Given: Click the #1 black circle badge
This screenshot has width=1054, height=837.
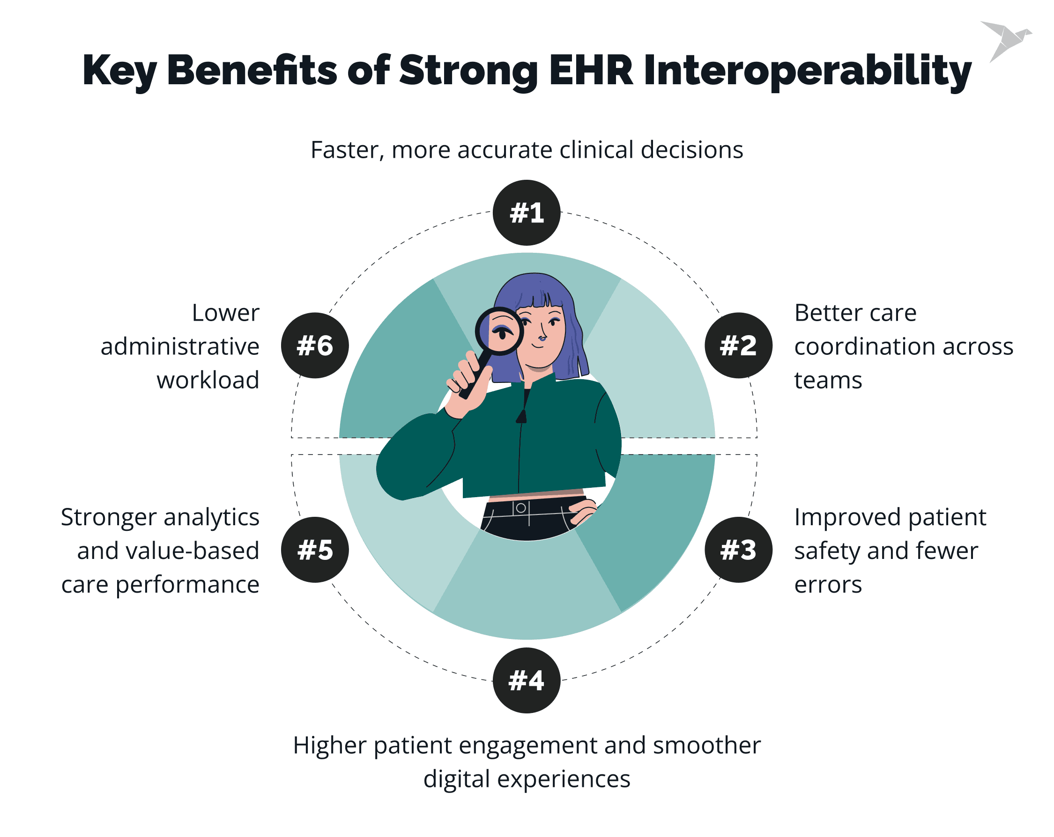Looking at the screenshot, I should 527,213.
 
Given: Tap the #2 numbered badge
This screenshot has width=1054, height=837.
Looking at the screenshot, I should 738,345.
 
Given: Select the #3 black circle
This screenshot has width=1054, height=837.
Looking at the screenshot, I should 738,550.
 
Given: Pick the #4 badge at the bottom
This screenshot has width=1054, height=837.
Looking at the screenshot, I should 527,680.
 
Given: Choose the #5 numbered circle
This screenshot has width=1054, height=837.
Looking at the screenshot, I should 315,550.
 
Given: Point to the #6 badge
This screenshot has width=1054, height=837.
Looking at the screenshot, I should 315,345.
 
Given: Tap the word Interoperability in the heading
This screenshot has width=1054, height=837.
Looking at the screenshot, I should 807,71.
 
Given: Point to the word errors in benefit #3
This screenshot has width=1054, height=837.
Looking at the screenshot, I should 828,585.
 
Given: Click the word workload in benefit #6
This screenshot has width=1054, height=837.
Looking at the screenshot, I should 208,380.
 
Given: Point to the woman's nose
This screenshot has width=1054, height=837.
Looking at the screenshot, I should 542,336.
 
